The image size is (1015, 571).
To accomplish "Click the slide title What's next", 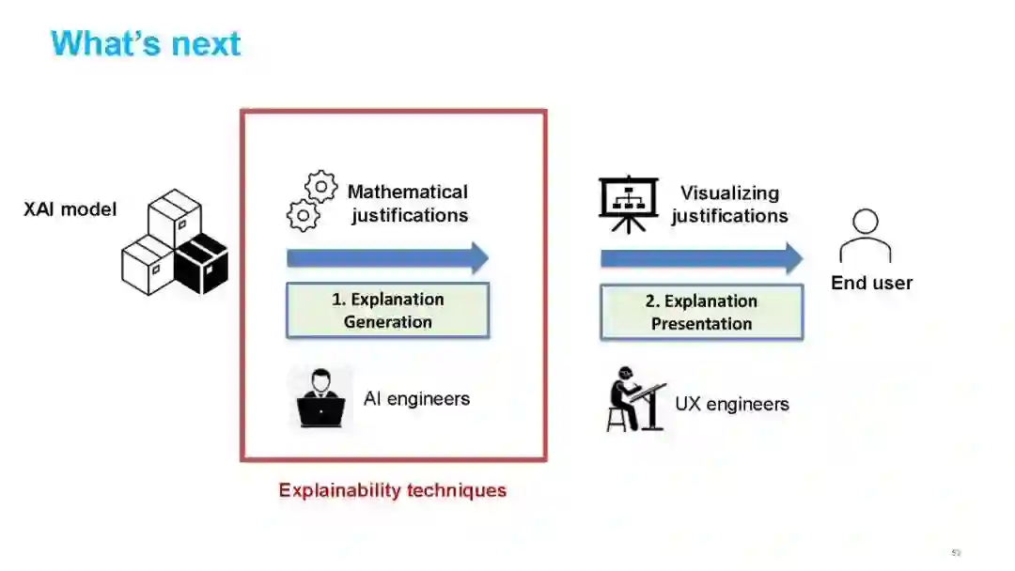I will (146, 43).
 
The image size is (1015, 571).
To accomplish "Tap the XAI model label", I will (70, 209).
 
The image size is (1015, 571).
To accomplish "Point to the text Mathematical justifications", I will (408, 204).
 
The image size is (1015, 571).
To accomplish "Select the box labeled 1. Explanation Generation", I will (387, 311).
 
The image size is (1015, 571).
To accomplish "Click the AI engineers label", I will (416, 398).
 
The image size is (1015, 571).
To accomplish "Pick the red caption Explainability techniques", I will (392, 490).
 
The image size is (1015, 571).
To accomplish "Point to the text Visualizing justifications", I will (729, 204).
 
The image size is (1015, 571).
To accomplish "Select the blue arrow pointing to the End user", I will (701, 258).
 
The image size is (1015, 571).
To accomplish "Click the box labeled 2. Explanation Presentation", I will (701, 312).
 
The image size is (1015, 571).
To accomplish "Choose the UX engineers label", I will (732, 404).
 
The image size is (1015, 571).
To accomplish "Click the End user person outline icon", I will (865, 236).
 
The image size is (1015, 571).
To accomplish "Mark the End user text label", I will (871, 283).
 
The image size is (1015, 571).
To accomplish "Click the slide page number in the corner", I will (957, 552).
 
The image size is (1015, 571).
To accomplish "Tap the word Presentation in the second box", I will (701, 323).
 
